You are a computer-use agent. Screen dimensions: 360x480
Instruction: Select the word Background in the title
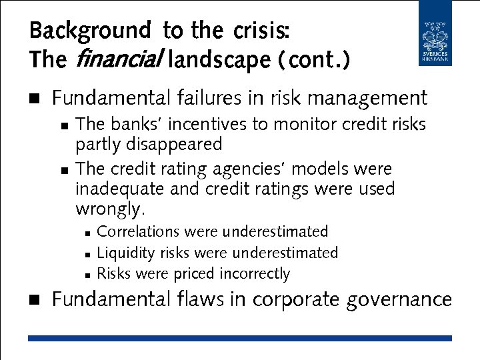[90, 31]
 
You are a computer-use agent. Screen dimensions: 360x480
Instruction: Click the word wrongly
[109, 209]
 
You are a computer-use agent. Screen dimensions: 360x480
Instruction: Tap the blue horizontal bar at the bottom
[239, 339]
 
